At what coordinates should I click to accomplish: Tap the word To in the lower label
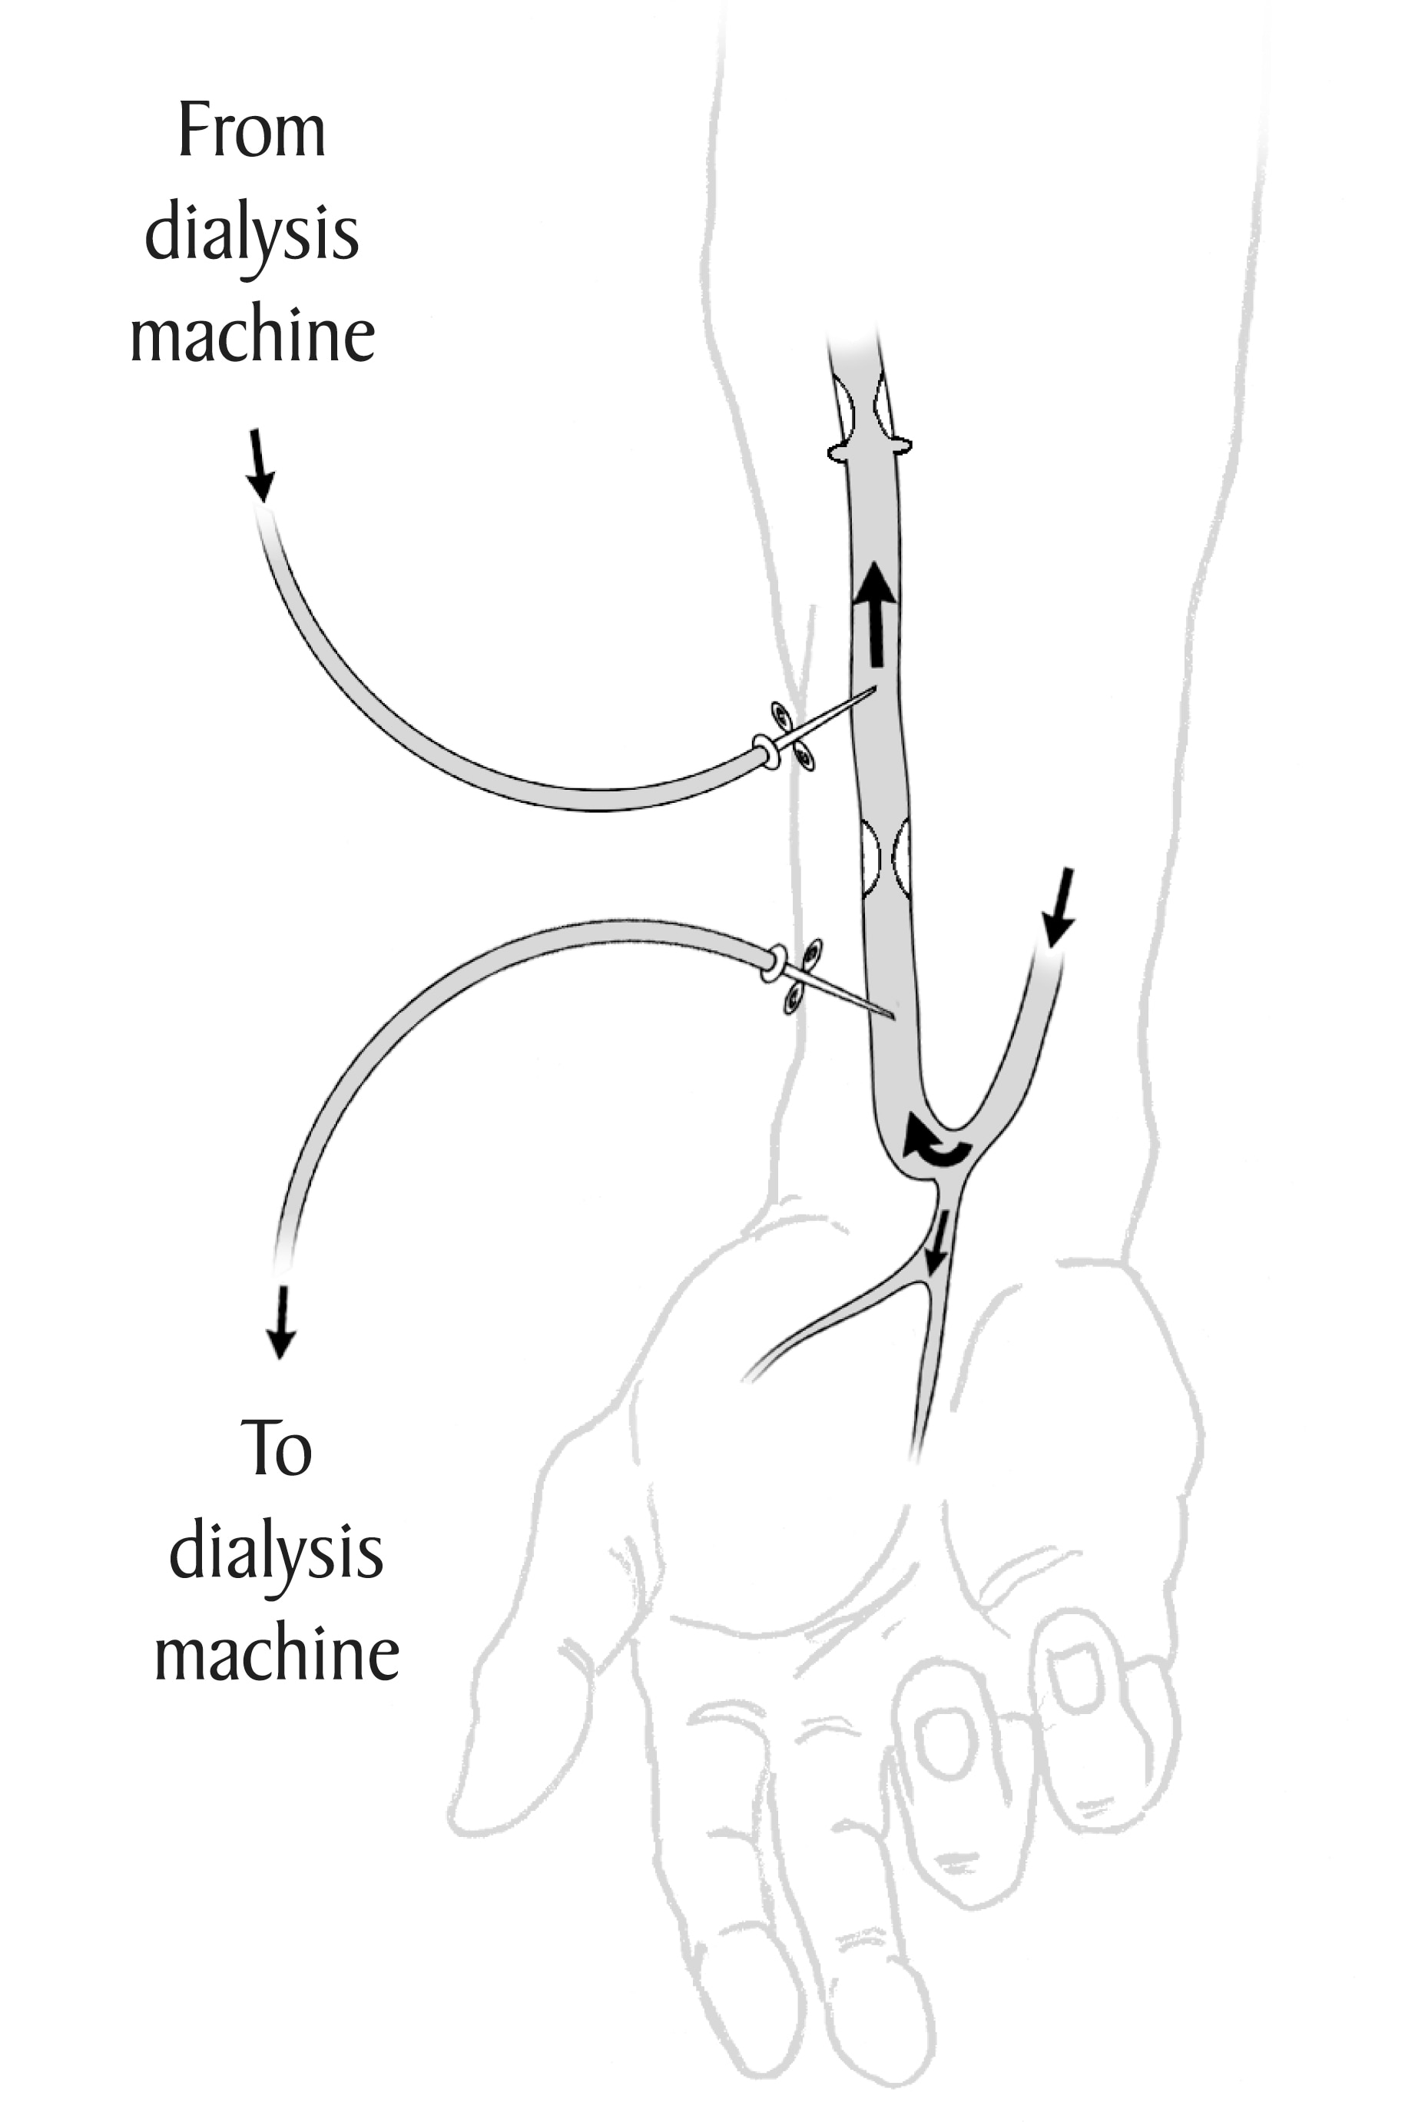tap(277, 1448)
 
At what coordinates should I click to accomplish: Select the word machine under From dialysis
tap(253, 335)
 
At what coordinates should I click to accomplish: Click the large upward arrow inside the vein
tap(876, 612)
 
